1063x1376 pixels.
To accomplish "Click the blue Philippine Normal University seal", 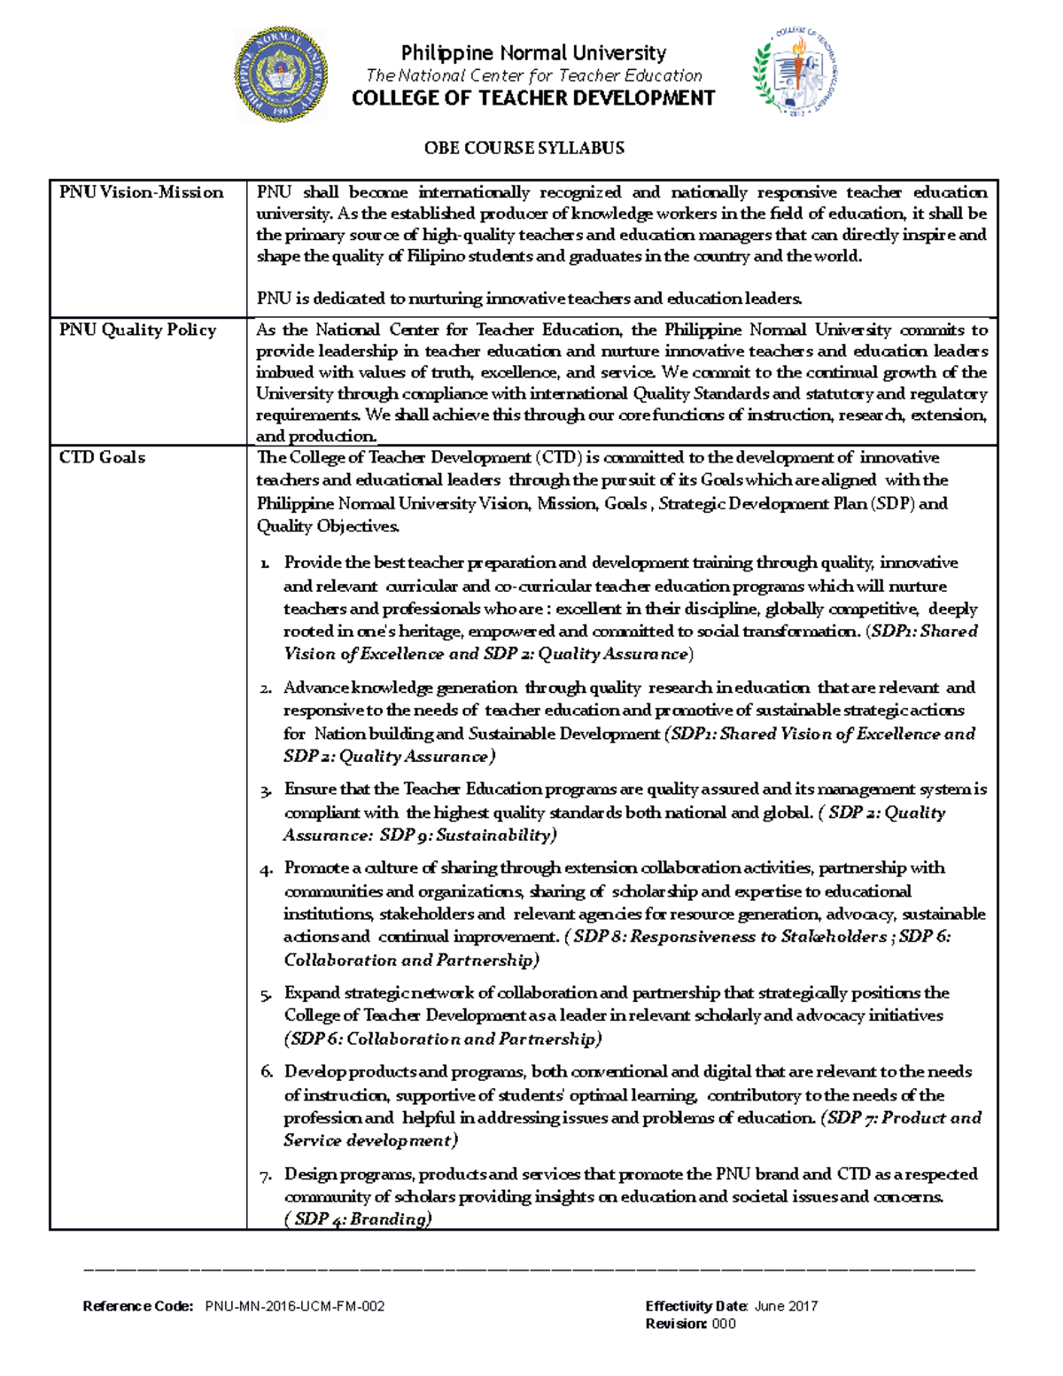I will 281,74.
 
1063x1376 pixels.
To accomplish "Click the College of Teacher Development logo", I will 795,74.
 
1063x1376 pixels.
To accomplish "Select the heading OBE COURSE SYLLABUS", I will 524,148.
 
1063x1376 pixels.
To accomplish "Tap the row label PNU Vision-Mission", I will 141,192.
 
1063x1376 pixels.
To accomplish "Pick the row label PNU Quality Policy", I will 137,330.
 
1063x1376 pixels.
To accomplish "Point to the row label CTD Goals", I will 102,457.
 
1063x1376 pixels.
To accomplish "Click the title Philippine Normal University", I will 533,53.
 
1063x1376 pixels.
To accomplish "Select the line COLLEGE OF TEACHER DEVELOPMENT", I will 533,98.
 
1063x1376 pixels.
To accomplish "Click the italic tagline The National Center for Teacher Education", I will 533,76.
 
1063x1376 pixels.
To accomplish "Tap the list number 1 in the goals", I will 265,564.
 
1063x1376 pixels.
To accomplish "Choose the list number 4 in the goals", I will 266,869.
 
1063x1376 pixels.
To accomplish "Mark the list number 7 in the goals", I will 266,1177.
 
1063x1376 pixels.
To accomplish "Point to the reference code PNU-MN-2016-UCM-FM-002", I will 295,1306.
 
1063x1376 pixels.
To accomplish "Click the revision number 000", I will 724,1324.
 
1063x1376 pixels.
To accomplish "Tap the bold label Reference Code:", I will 137,1306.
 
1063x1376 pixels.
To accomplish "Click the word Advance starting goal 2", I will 315,688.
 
